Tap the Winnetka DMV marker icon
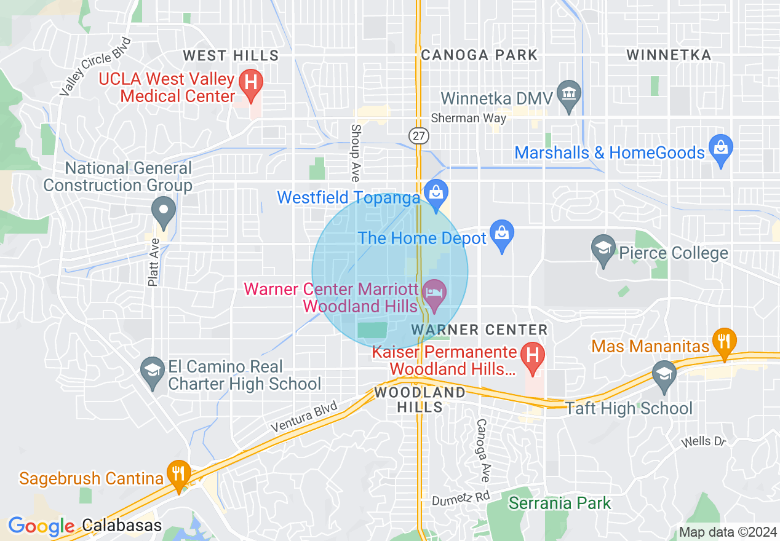569,93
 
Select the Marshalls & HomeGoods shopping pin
720,148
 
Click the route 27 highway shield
418,136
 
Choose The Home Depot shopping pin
502,234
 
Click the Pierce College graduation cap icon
603,248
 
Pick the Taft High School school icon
664,374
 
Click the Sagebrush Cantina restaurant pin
179,474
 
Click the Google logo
41,526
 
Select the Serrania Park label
560,503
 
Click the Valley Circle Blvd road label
96,66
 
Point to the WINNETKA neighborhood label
669,55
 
